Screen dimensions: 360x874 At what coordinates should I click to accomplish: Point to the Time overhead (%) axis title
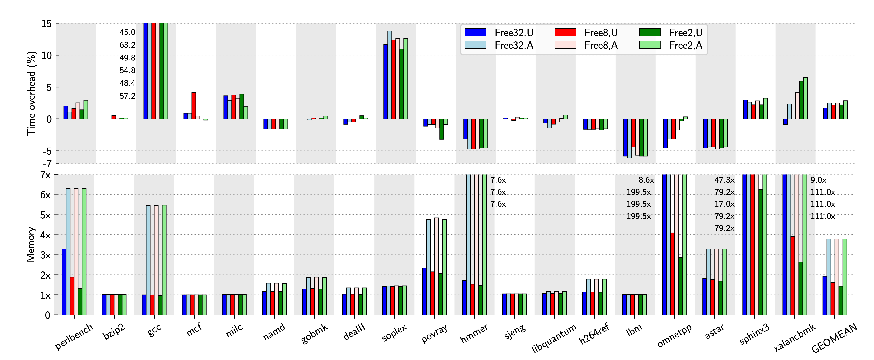pos(31,93)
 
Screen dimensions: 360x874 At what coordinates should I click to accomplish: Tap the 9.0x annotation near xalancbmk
pos(818,180)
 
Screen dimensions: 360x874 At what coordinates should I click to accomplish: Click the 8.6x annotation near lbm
pos(646,180)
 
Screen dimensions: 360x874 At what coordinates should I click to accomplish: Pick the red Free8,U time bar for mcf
pos(193,106)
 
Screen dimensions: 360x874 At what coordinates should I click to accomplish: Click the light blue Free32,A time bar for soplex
pos(390,75)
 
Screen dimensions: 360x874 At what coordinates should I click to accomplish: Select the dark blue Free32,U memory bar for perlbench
pos(64,282)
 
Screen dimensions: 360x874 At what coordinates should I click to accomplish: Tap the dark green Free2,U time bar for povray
pos(441,129)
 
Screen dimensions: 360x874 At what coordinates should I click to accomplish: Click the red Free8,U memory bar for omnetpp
pos(673,273)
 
